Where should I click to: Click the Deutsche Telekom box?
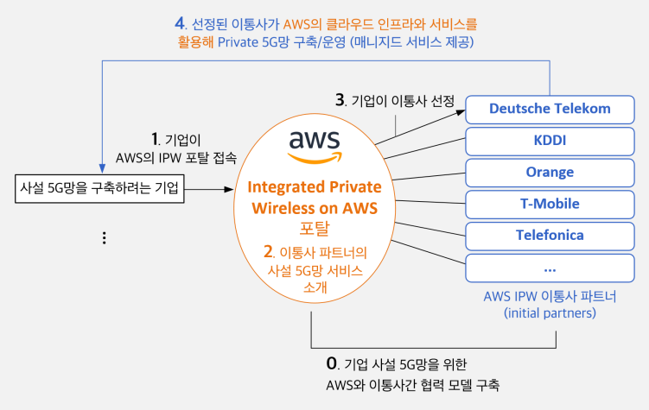(x=550, y=110)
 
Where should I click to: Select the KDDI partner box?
(x=550, y=142)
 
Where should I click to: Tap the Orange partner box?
(x=550, y=173)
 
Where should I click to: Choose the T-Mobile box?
(x=550, y=205)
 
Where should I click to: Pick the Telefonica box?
(x=550, y=237)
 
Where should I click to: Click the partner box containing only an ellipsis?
(x=550, y=268)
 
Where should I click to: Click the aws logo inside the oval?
(x=315, y=147)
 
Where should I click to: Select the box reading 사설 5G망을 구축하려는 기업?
(x=99, y=189)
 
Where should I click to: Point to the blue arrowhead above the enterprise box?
(x=102, y=168)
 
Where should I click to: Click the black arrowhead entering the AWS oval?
(x=229, y=189)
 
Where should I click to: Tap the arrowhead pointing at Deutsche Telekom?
(x=461, y=112)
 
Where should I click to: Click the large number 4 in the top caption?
(x=180, y=23)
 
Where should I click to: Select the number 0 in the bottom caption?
(x=332, y=363)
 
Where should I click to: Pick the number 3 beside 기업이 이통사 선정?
(x=340, y=99)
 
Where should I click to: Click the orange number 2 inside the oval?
(x=268, y=251)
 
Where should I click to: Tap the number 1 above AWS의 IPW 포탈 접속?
(x=155, y=139)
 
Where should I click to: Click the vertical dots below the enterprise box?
(x=105, y=237)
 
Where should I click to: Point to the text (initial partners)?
(x=550, y=312)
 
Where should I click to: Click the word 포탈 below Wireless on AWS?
(x=315, y=228)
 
